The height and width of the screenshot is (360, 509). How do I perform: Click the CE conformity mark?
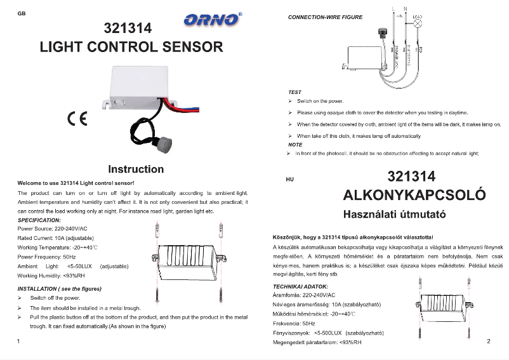pos(77,119)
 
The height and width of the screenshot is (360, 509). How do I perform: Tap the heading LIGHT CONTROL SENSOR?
pos(131,47)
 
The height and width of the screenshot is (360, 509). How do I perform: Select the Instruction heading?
pos(136,169)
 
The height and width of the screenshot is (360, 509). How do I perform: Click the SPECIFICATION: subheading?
pos(39,220)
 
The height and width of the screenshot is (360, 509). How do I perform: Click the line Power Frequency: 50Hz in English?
pos(47,257)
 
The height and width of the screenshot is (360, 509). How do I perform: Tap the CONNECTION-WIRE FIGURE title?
pos(326,17)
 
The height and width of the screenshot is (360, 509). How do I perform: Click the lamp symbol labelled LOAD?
pos(419,22)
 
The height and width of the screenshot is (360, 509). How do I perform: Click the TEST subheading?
pos(295,92)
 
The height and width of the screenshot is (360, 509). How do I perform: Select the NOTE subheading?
pos(295,145)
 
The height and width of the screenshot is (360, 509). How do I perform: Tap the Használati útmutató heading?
pos(394,215)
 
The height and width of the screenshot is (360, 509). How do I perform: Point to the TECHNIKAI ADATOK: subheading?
pos(300,287)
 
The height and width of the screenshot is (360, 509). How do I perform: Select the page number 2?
pos(489,342)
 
